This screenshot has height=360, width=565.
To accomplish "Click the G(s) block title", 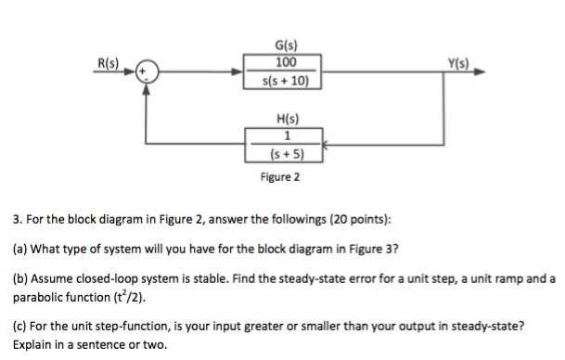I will [286, 44].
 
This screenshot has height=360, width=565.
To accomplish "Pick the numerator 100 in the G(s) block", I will [286, 62].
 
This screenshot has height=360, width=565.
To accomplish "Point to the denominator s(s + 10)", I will [286, 79].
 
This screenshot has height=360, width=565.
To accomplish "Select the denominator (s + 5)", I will [286, 152].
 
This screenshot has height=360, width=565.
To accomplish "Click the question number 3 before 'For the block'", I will [17, 221].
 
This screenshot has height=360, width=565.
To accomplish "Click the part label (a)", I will [20, 249].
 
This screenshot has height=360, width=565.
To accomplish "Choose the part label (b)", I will [20, 278].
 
